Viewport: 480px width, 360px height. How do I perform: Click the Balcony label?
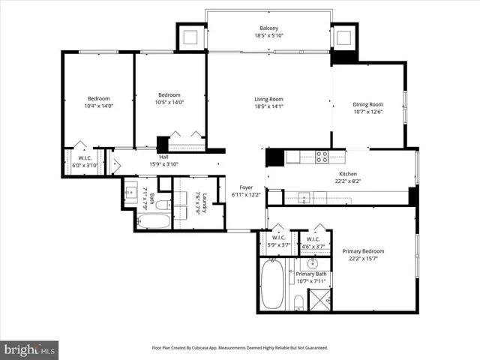[270, 28]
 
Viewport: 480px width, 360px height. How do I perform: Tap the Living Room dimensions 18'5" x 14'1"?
[268, 106]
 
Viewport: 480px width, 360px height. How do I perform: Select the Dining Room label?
[367, 104]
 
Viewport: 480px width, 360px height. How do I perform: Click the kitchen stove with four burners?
[321, 157]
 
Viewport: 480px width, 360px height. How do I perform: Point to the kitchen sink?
[304, 198]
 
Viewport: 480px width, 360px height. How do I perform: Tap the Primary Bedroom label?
[363, 251]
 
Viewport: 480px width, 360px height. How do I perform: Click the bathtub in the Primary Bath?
[273, 286]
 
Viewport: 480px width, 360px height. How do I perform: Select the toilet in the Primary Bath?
[298, 303]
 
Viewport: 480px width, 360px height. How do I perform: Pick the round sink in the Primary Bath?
[312, 265]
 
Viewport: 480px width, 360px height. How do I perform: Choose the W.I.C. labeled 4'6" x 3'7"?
[313, 241]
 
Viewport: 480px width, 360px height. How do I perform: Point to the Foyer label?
[247, 187]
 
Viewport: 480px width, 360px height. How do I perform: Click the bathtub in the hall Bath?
[154, 221]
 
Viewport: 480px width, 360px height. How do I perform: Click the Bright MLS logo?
[30, 349]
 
